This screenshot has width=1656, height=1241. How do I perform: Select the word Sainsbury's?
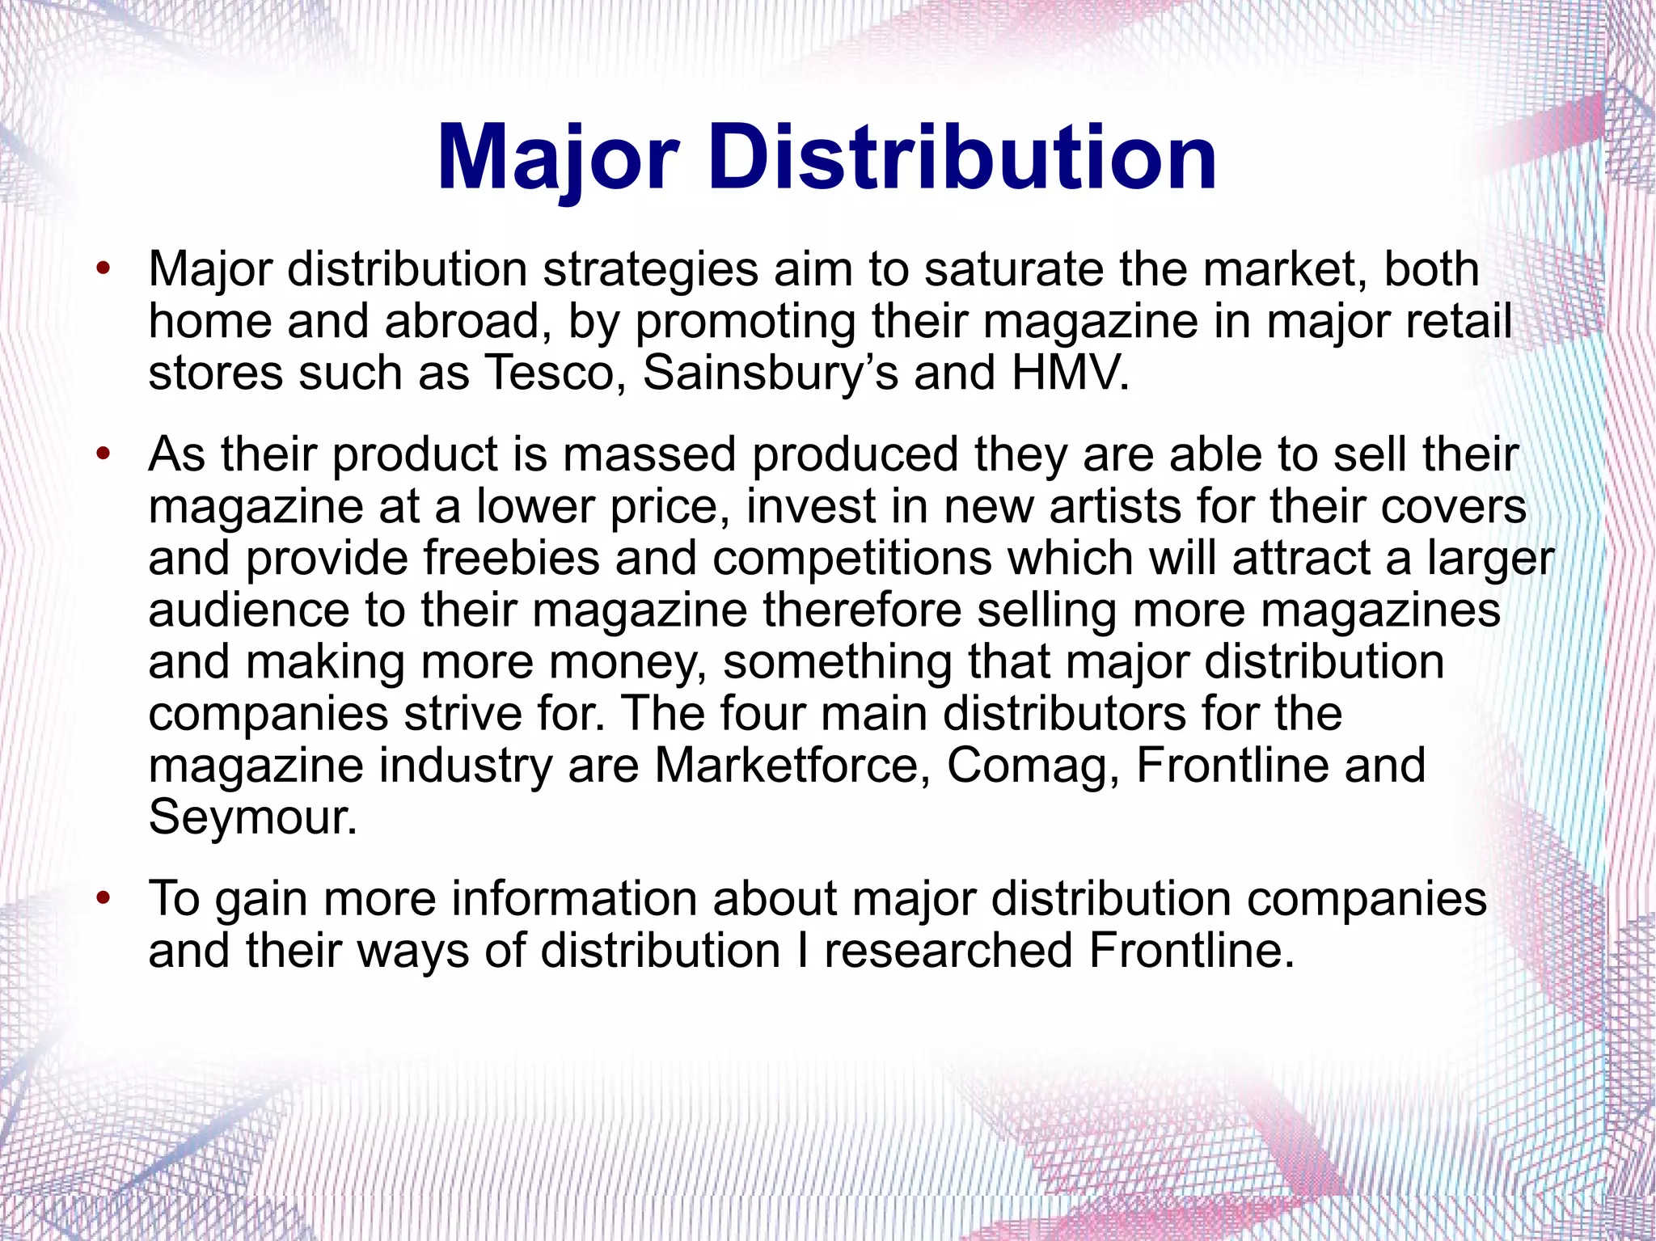click(770, 374)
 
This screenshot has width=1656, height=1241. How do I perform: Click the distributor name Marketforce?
click(792, 766)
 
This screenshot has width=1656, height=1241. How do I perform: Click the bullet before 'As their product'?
click(102, 454)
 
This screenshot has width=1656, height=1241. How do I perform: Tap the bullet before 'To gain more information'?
click(102, 898)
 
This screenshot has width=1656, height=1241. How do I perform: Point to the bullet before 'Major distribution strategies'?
click(102, 269)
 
